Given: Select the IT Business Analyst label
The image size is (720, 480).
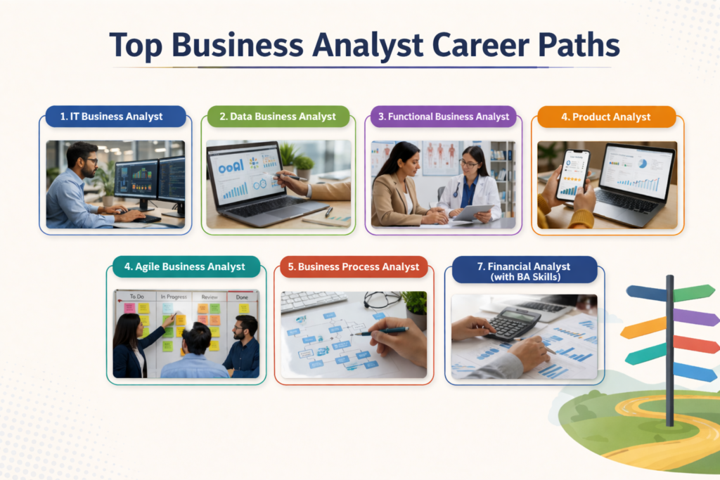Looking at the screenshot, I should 115,117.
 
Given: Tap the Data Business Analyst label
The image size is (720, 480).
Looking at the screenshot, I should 278,117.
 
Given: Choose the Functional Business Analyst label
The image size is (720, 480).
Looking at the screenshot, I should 444,117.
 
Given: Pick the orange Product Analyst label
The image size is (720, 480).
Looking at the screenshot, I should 605,117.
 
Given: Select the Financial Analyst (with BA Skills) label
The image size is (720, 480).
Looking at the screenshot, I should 524,271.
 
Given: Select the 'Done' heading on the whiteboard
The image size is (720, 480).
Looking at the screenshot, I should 242,297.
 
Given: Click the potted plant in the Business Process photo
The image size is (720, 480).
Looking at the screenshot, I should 416,306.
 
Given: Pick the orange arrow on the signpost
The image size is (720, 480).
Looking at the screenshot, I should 643,327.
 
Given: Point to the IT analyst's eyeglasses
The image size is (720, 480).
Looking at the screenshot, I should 91,162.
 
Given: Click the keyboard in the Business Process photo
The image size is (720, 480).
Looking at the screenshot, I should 313,300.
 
